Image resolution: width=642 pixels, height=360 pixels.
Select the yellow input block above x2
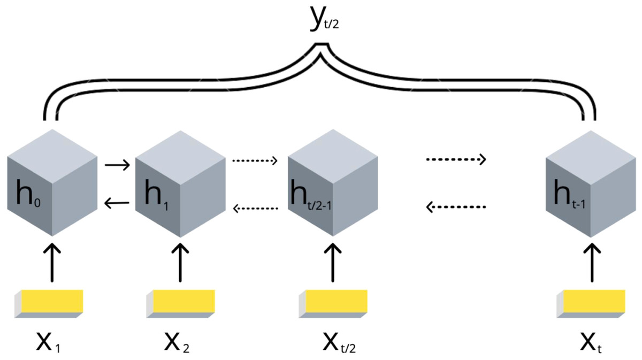(x=181, y=303)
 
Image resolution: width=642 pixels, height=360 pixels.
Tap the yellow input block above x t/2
(x=333, y=303)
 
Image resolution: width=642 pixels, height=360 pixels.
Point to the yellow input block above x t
(x=591, y=303)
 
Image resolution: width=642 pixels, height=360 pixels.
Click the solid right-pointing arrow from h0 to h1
(x=117, y=165)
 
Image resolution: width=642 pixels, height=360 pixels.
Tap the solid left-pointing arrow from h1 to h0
(x=117, y=202)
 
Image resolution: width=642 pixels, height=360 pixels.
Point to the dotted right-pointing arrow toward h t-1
(x=456, y=159)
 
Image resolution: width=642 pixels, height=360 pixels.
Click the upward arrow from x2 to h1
(x=180, y=263)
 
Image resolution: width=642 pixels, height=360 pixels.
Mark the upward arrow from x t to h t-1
(x=591, y=263)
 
